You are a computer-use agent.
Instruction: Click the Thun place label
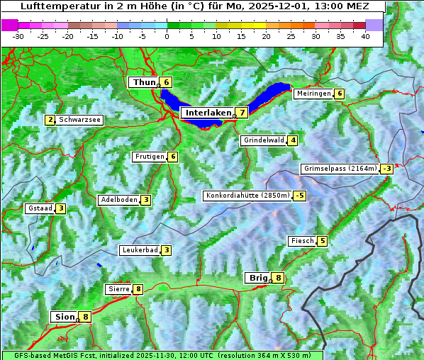point(144,83)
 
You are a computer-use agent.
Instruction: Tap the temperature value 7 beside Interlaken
point(242,113)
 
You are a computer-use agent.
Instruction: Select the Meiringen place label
point(313,94)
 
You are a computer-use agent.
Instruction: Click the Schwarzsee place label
point(80,120)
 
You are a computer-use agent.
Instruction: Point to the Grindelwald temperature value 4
point(292,140)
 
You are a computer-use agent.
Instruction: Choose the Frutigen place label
point(149,157)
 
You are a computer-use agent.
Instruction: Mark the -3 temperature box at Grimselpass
point(386,169)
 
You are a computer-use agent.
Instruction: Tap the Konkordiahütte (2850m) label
point(247,196)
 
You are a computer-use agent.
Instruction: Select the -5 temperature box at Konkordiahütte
point(300,196)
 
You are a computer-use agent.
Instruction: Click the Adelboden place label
point(118,200)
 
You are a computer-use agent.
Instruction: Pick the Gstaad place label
point(40,208)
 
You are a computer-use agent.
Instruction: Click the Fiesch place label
point(302,241)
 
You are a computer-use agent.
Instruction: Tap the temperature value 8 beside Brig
point(279,278)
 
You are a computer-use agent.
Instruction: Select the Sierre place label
point(118,289)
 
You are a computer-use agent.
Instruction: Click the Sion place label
point(64,317)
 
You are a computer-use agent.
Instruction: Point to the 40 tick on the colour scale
point(365,36)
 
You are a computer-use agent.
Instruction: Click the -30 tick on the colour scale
point(18,36)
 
